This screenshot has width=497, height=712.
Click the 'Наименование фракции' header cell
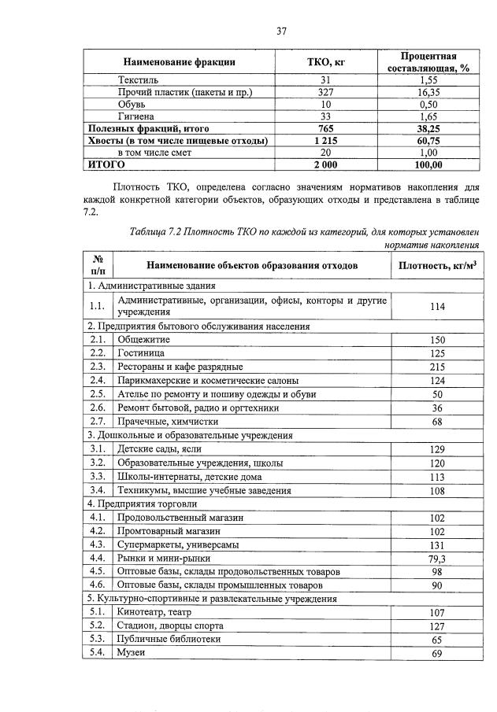click(x=179, y=62)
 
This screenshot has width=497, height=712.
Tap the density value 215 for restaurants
click(x=437, y=367)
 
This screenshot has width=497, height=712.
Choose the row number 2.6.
click(x=98, y=408)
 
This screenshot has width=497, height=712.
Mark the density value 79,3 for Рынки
click(x=437, y=559)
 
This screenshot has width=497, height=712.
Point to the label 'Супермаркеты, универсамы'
click(x=177, y=544)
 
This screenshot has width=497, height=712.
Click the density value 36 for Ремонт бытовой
click(x=437, y=408)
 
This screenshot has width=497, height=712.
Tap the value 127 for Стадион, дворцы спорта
click(x=437, y=627)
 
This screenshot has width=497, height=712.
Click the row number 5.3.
click(x=98, y=640)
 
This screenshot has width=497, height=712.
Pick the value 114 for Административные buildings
click(x=437, y=307)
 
